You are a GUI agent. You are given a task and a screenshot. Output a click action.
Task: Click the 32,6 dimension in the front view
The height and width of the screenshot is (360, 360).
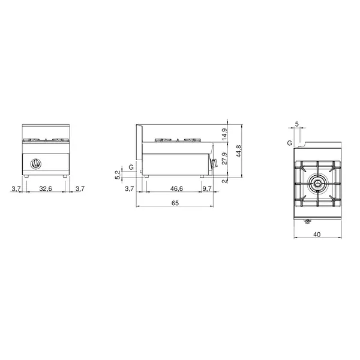pos(46,188)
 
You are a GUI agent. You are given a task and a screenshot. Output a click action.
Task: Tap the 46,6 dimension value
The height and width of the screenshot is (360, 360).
pos(176,188)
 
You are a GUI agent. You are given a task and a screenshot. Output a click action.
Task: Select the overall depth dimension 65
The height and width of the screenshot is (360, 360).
pos(175,203)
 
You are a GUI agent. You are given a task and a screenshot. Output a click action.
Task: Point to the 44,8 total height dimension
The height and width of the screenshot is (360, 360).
pos(239,151)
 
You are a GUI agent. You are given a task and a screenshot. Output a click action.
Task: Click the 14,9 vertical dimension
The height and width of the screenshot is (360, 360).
pos(224,134)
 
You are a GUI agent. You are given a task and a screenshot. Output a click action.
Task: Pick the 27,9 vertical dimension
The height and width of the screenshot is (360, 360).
pos(224,158)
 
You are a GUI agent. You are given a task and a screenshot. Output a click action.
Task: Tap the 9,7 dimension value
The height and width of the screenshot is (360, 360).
pos(207,188)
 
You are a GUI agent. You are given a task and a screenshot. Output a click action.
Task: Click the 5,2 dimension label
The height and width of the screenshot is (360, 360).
pos(118,175)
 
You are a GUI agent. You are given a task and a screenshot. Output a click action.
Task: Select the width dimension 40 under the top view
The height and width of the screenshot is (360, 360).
pos(317,235)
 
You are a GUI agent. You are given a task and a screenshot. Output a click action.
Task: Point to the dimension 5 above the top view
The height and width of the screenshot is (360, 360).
pos(297,124)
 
